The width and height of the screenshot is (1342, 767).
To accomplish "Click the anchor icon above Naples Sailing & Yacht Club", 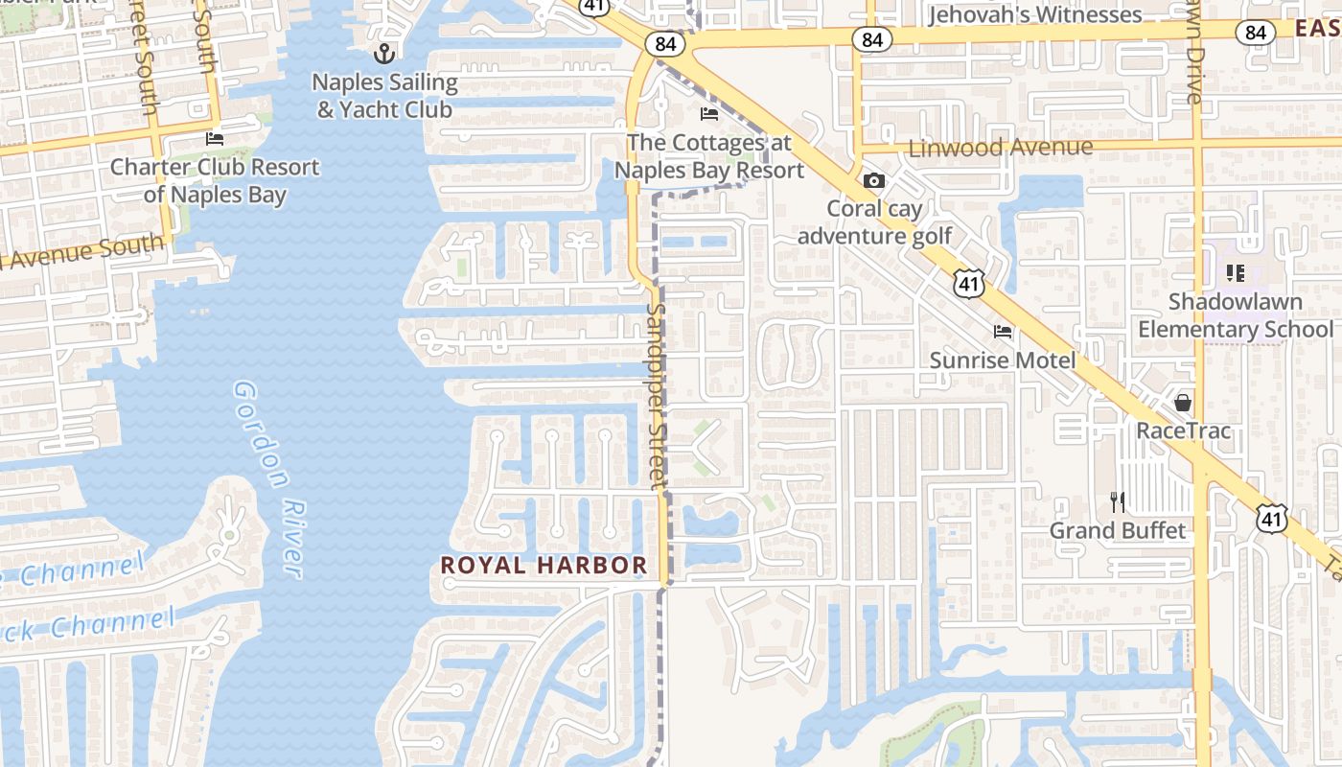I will pyautogui.click(x=384, y=53).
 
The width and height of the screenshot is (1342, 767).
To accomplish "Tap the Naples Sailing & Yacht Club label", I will pyautogui.click(x=384, y=96).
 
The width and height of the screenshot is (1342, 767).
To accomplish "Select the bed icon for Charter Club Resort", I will pyautogui.click(x=215, y=139).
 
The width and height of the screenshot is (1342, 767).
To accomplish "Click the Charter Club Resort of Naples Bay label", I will pyautogui.click(x=215, y=180).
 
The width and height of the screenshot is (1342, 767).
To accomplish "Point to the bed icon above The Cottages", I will pyautogui.click(x=709, y=114).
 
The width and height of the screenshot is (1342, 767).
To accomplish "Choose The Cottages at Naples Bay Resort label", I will pyautogui.click(x=709, y=157).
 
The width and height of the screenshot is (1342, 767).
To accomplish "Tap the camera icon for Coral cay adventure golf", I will pyautogui.click(x=874, y=180).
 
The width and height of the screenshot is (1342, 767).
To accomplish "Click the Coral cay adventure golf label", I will pyautogui.click(x=874, y=222).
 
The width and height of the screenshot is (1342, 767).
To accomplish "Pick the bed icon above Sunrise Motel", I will pyautogui.click(x=1003, y=332).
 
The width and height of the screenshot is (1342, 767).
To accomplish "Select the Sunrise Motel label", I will pyautogui.click(x=1003, y=360).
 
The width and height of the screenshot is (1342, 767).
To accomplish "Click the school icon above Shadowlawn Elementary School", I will pyautogui.click(x=1235, y=273).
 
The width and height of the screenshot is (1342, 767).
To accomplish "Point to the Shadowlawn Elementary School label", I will pyautogui.click(x=1235, y=315).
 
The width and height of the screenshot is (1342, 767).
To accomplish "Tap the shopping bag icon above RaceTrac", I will pyautogui.click(x=1183, y=402).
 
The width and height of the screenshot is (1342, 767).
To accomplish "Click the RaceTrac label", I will pyautogui.click(x=1183, y=430).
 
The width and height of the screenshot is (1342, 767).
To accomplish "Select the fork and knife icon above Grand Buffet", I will pyautogui.click(x=1118, y=501).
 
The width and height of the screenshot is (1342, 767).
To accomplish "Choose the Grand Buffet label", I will pyautogui.click(x=1118, y=530).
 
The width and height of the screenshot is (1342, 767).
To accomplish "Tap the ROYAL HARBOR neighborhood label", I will pyautogui.click(x=544, y=566).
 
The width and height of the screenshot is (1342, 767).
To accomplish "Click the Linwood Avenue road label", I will pyautogui.click(x=1000, y=148).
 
